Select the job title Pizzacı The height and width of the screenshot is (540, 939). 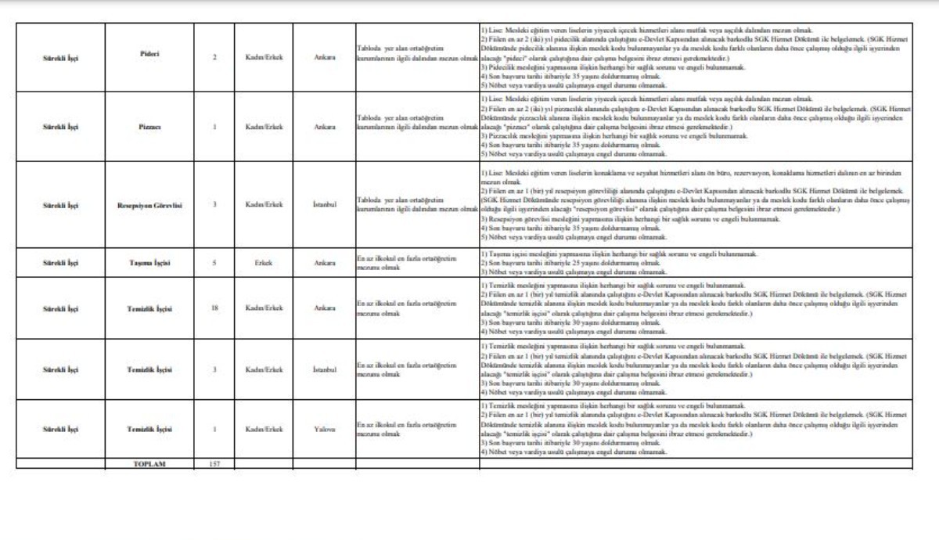click(149, 127)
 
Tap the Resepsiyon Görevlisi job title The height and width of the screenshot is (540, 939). click(149, 205)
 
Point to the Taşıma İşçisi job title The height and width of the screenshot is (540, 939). click(149, 263)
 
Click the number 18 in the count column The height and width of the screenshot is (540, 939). click(214, 308)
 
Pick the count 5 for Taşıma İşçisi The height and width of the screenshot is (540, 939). click(214, 263)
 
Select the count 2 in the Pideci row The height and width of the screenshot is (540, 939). click(214, 57)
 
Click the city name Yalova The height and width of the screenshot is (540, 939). click(324, 429)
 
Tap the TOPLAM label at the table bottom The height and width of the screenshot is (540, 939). click(149, 464)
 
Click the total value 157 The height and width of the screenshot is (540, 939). click(214, 464)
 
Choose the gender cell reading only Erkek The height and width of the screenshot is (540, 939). click(263, 263)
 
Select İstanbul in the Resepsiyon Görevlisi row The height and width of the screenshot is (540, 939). click(324, 205)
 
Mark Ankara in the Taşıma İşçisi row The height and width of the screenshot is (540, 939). click(324, 263)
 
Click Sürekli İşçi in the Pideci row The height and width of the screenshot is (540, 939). click(60, 57)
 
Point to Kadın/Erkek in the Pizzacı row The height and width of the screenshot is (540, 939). click(263, 127)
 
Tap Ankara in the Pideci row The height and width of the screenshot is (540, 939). click(324, 57)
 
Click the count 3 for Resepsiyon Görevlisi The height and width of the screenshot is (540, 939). click(214, 205)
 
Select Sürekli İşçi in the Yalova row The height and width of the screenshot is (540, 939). click(60, 429)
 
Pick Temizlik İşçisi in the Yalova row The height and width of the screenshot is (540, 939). click(149, 429)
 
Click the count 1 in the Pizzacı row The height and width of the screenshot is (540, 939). click(214, 127)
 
